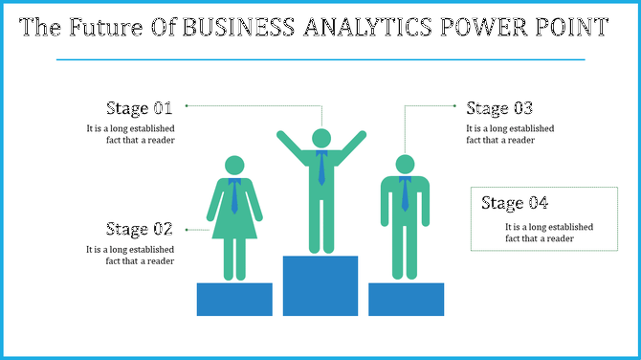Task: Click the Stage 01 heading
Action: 139,108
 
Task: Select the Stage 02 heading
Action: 139,230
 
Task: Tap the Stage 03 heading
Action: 498,108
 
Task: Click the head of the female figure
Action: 234,166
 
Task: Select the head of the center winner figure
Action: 321,138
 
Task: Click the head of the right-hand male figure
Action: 405,165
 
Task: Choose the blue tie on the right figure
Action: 405,194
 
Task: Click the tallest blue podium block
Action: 320,285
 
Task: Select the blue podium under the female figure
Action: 234,299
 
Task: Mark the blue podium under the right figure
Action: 406,299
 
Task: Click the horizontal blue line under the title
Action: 320,59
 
